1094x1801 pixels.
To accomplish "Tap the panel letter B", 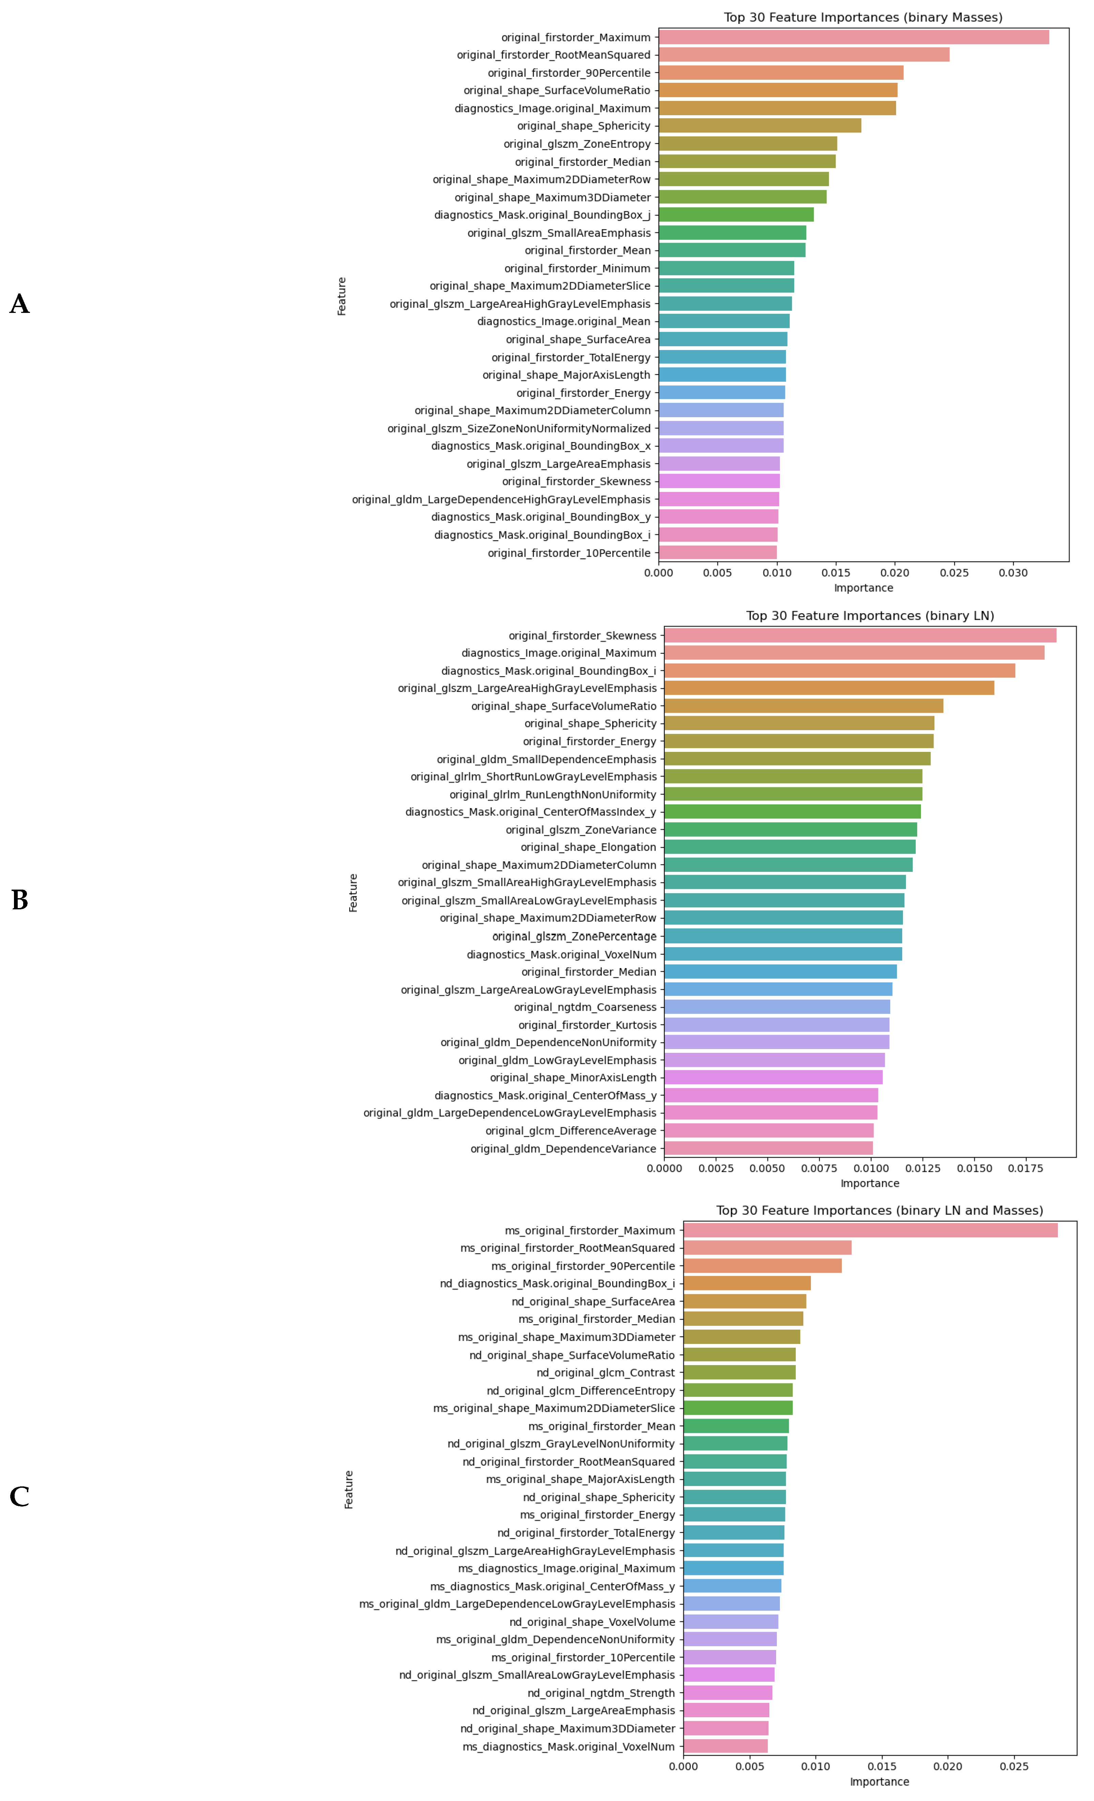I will [20, 900].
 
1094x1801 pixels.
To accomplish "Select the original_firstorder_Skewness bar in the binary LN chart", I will [859, 635].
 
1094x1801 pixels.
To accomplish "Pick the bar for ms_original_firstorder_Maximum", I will [869, 1230].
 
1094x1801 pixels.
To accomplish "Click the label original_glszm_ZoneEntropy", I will [576, 144].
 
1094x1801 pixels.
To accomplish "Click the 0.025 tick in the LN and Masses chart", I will [1014, 1767].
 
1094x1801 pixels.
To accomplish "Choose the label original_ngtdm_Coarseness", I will [585, 1007].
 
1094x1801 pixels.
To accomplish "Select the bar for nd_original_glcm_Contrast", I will [739, 1373].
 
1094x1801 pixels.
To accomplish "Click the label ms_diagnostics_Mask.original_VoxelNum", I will [569, 1746].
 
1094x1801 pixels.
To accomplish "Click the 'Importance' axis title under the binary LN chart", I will [869, 1183].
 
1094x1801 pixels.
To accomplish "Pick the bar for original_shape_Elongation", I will [789, 847].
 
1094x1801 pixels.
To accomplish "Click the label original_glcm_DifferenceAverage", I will [571, 1131].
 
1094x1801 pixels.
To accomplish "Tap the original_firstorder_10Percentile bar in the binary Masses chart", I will [717, 553].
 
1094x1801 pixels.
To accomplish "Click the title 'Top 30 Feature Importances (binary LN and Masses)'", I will [879, 1210].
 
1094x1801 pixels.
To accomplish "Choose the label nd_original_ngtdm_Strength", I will [601, 1693].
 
